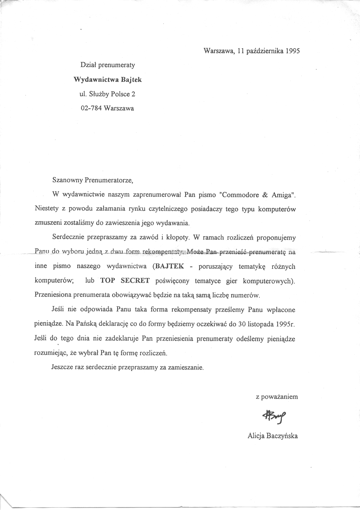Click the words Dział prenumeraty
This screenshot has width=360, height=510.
[x=108, y=65]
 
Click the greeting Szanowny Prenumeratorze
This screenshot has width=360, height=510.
[x=92, y=180]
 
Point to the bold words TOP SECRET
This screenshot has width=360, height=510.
[x=125, y=281]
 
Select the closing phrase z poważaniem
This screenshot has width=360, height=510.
[x=277, y=397]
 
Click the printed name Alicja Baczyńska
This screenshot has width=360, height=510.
[x=273, y=436]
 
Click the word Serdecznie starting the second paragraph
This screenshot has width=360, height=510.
[x=68, y=238]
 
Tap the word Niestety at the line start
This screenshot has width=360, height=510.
[x=45, y=209]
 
